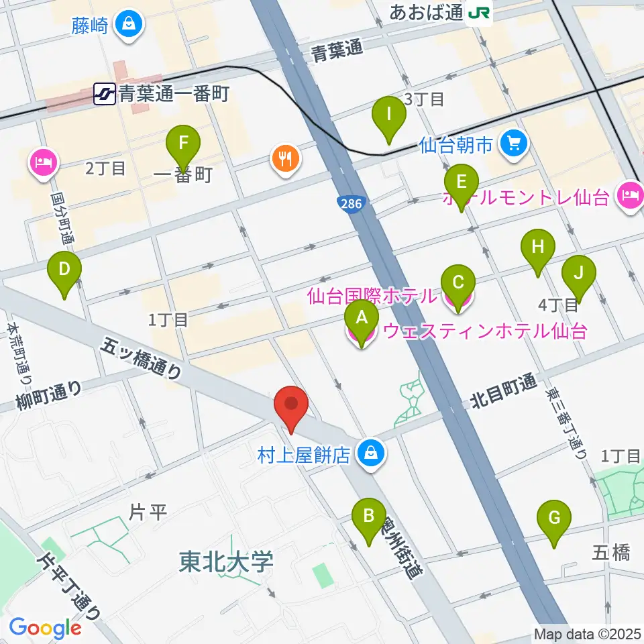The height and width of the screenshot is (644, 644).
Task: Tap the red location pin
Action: tap(291, 405)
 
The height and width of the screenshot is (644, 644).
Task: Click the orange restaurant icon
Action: tap(287, 158)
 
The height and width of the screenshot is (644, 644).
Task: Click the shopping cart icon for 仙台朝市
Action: tap(515, 143)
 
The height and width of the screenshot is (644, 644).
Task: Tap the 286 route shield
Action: tap(346, 202)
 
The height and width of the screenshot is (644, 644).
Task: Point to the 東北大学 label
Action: tap(226, 562)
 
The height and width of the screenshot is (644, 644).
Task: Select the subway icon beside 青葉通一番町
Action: tap(105, 94)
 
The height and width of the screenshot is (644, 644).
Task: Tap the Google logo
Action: tap(45, 627)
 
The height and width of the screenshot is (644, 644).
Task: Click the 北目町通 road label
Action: tap(502, 393)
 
